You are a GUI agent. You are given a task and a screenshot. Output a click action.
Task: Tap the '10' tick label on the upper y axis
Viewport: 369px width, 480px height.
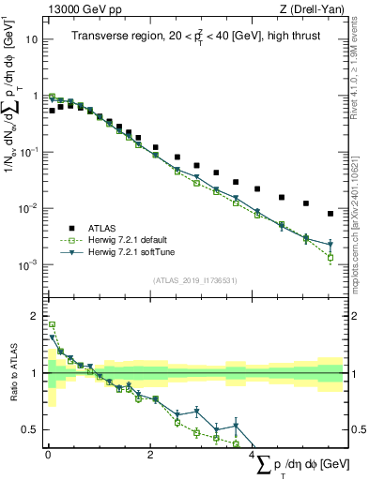click(31, 40)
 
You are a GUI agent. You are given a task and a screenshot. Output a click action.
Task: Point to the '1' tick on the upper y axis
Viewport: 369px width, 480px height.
click(36, 96)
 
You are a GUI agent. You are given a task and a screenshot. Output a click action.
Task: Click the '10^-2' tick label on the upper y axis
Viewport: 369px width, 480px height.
click(29, 208)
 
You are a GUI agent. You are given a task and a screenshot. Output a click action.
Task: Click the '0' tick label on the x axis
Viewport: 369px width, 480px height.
click(48, 455)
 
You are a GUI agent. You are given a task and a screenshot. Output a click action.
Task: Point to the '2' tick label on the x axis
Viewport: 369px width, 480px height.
click(151, 455)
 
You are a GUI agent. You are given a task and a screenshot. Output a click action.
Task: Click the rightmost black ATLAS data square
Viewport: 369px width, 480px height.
click(331, 214)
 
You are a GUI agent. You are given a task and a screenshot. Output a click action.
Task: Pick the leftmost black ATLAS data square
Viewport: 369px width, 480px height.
click(52, 111)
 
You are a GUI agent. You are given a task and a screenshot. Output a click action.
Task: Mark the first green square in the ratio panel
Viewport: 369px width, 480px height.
click(52, 325)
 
